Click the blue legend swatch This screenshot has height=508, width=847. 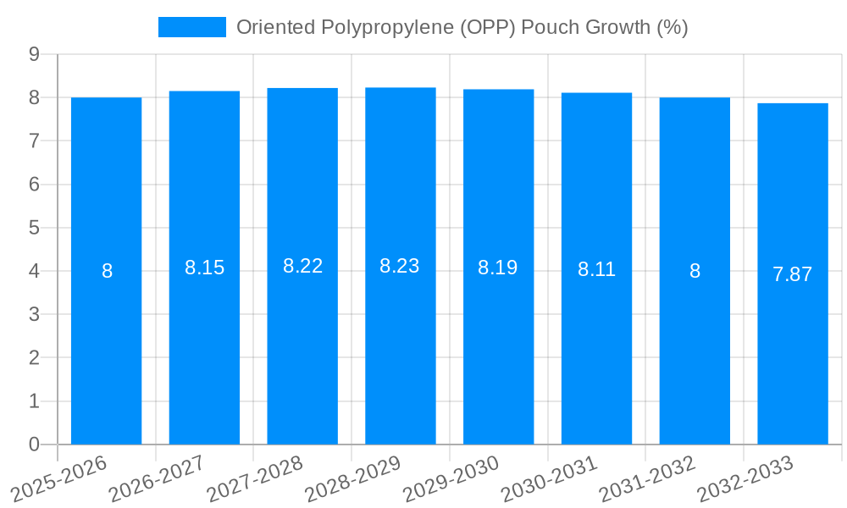click(192, 27)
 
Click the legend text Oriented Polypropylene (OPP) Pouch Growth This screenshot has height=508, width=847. click(462, 27)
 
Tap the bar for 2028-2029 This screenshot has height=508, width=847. click(401, 339)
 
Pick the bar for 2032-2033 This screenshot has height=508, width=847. click(793, 339)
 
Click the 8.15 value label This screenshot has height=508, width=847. click(205, 268)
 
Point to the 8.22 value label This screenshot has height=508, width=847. click(303, 266)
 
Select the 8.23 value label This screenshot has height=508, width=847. click(400, 266)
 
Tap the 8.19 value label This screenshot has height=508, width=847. click(498, 268)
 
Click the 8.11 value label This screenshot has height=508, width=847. click(596, 269)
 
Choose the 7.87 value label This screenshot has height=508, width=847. click(793, 274)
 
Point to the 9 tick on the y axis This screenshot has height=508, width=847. click(34, 54)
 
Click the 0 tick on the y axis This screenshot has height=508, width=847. click(34, 444)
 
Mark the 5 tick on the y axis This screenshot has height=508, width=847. click(34, 228)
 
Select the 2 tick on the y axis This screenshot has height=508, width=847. click(34, 358)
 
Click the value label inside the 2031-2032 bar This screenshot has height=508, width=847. click(695, 271)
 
